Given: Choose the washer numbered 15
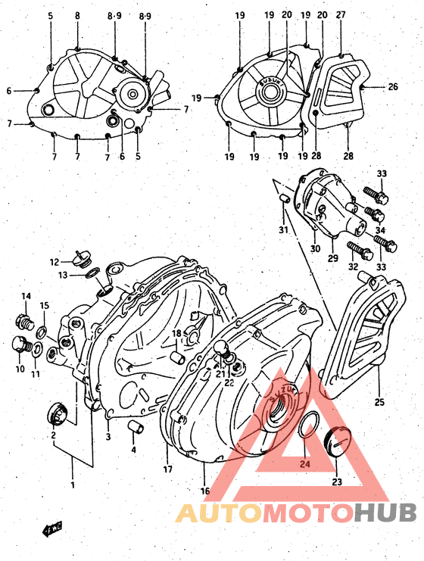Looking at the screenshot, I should click(x=41, y=330).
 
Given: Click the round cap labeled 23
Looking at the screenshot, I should click(x=335, y=442).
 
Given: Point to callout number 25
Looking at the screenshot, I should click(x=379, y=401).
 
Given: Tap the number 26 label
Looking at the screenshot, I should click(x=393, y=87).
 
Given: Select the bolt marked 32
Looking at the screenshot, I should click(x=356, y=247).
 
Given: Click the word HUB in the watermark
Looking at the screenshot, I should click(x=385, y=513).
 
